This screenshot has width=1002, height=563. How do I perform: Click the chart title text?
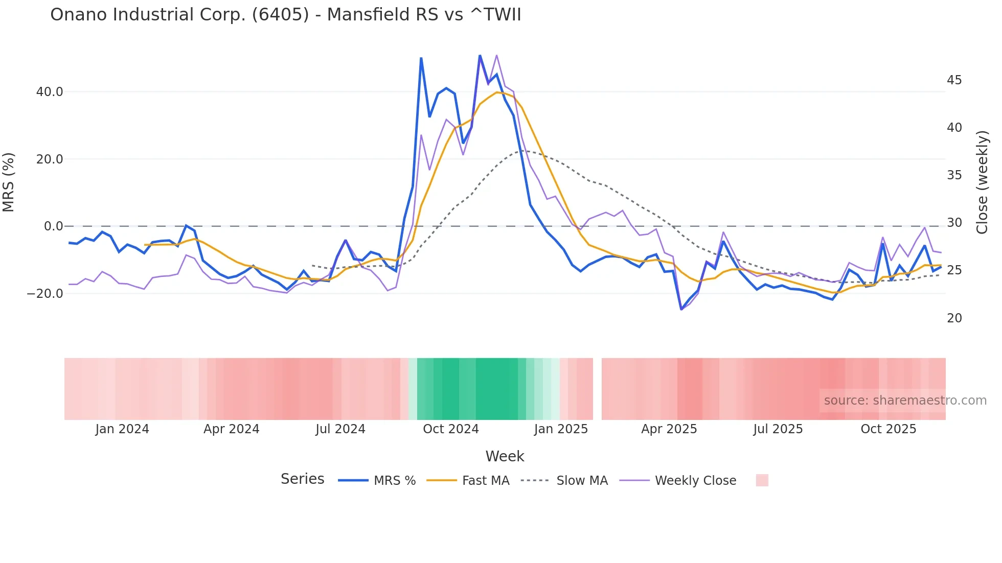tap(285, 15)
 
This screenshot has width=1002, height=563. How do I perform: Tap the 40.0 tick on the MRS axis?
tap(50, 92)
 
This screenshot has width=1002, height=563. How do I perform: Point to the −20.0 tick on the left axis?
tap(45, 294)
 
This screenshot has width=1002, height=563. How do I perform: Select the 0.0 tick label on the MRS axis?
tap(53, 226)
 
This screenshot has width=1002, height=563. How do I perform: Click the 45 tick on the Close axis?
tap(954, 80)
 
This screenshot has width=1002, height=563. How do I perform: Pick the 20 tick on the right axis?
tap(954, 318)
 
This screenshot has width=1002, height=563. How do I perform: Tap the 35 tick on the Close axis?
tap(954, 175)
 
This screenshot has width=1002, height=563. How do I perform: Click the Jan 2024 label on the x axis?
tap(122, 429)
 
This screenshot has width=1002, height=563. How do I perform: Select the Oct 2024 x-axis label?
tap(450, 429)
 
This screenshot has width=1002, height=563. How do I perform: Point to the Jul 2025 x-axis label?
tap(778, 429)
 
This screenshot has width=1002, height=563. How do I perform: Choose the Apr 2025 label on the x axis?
tap(669, 429)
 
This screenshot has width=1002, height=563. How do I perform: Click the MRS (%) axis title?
tap(9, 182)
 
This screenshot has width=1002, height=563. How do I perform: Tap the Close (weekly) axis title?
tap(982, 182)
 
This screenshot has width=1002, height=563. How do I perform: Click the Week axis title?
tap(505, 456)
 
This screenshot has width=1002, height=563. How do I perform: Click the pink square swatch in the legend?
tap(762, 480)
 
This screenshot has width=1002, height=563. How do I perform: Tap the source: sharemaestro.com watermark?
tap(905, 401)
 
